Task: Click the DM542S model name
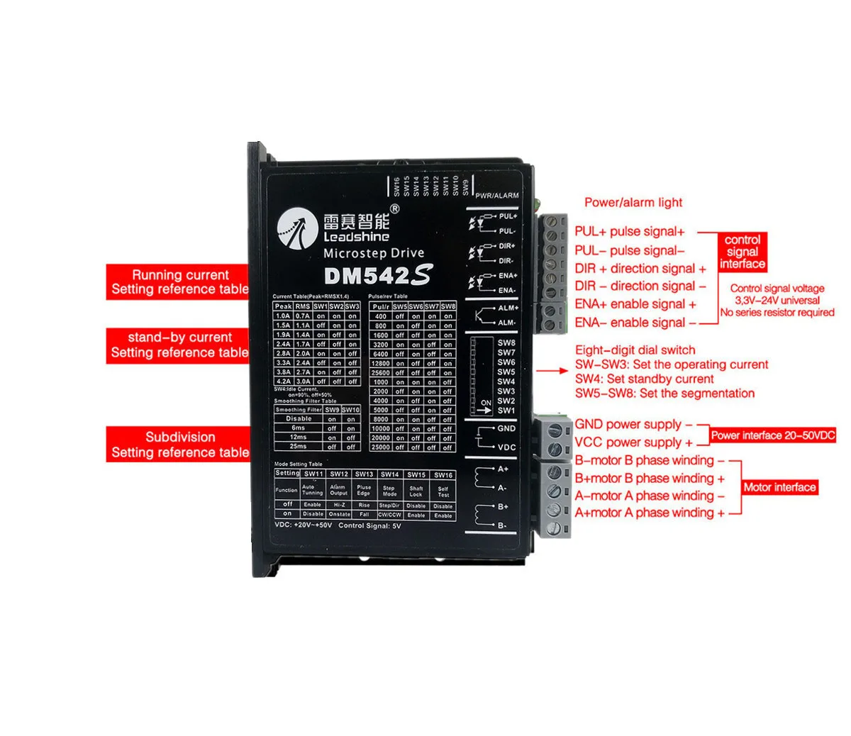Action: pos(377,275)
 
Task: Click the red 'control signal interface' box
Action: pos(742,252)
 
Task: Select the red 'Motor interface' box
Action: pos(779,487)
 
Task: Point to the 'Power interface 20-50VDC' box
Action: pos(773,435)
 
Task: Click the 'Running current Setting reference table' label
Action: pos(179,282)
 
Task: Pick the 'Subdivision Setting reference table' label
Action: pos(179,445)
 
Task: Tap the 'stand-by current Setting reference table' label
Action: pos(179,345)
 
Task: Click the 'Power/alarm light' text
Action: pos(633,203)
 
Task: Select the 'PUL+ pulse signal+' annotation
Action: pos(630,232)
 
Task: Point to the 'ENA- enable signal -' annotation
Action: pos(630,323)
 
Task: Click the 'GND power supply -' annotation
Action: pos(633,425)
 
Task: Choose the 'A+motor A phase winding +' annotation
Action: pos(650,513)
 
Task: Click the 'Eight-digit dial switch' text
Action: pos(635,350)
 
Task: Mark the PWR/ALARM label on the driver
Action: pos(496,196)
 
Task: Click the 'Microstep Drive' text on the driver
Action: pos(374,253)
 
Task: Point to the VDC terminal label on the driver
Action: pos(506,447)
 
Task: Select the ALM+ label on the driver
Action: pos(508,308)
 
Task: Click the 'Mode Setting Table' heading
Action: pos(298,464)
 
